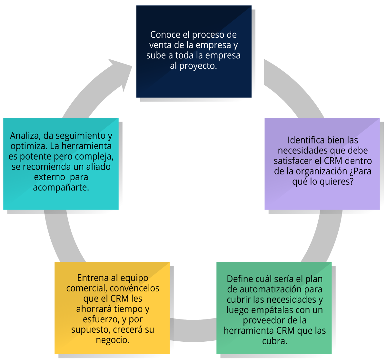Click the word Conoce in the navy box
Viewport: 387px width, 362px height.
coord(165,35)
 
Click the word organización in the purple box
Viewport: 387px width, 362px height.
coord(321,171)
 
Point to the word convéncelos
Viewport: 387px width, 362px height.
coord(134,289)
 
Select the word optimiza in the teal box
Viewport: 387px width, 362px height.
coord(29,146)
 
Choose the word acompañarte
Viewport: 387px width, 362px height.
coord(61,188)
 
